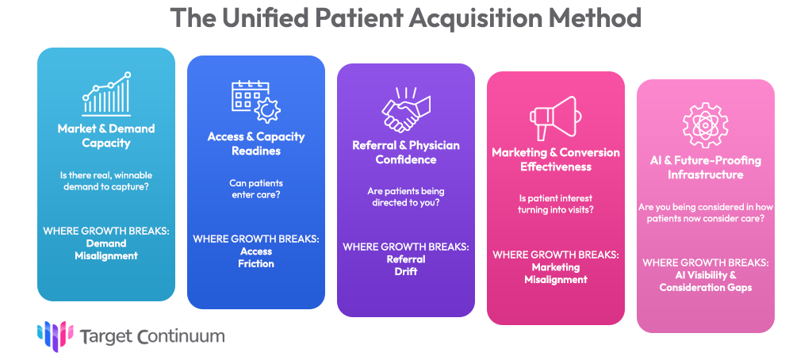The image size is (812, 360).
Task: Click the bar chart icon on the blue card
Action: pyautogui.click(x=106, y=94)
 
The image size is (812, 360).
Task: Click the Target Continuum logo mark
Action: pyautogui.click(x=55, y=335)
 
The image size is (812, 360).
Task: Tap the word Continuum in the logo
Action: pyautogui.click(x=180, y=336)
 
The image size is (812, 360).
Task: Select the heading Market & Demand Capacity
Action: pyautogui.click(x=106, y=136)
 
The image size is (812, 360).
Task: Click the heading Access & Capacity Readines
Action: pyautogui.click(x=256, y=144)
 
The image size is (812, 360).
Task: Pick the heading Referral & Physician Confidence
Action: pyautogui.click(x=406, y=152)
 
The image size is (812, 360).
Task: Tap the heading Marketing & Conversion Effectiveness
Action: pyautogui.click(x=556, y=159)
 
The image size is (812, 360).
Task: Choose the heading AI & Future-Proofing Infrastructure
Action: pyautogui.click(x=705, y=167)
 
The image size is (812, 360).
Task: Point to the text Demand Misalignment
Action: pyautogui.click(x=106, y=250)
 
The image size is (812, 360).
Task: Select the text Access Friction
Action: pyautogui.click(x=255, y=258)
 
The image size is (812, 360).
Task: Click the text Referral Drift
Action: pyautogui.click(x=406, y=266)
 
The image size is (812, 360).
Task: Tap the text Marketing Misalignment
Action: pyautogui.click(x=556, y=274)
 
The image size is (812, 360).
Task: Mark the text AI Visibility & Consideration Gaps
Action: pyautogui.click(x=705, y=281)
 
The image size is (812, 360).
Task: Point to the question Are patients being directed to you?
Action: pyautogui.click(x=406, y=197)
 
